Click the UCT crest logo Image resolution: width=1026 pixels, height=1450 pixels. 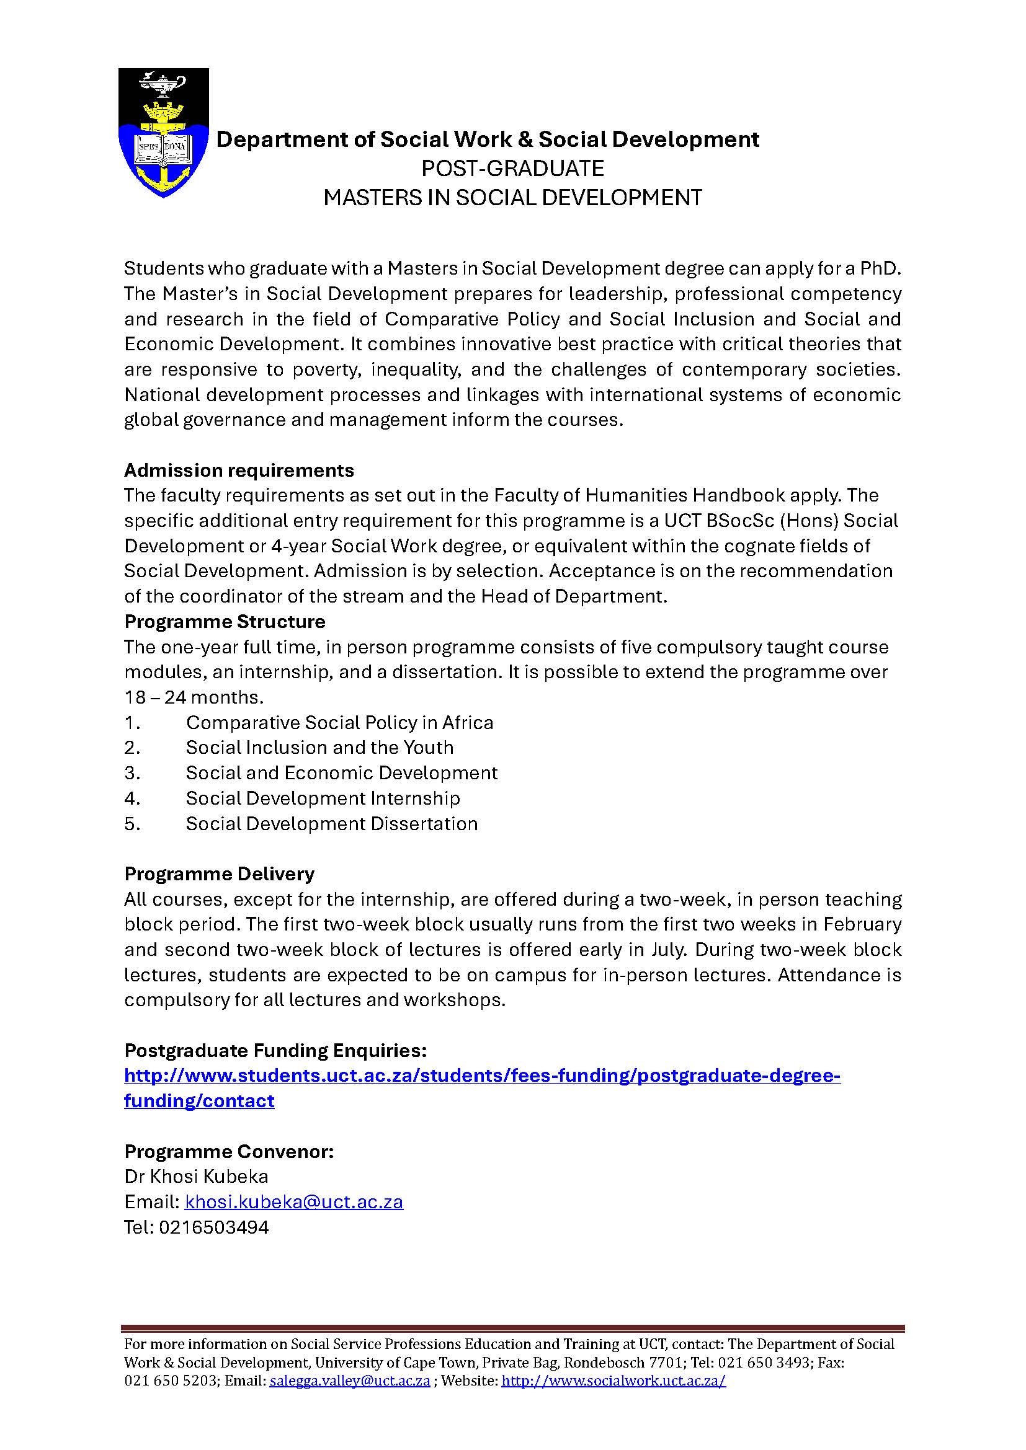[164, 133]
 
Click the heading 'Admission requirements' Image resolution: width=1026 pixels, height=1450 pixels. [239, 471]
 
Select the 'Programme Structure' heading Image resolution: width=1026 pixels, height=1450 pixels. [225, 622]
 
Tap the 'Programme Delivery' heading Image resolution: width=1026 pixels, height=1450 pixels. [219, 874]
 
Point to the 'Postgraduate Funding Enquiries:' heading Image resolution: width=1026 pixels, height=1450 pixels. [275, 1051]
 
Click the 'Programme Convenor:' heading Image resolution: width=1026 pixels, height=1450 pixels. [229, 1152]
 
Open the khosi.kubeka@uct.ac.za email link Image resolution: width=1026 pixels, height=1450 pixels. [294, 1202]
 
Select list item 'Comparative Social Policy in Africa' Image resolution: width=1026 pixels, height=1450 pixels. [339, 722]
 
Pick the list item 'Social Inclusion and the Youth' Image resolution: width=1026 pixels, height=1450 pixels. [319, 748]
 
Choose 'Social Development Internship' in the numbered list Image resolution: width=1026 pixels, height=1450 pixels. [323, 798]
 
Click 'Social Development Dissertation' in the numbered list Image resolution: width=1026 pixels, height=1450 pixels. [332, 823]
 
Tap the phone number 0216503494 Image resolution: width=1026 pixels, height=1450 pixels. [213, 1227]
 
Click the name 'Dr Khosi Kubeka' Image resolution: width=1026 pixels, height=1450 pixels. [196, 1177]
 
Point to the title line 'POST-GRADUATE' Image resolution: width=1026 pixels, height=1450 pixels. [512, 169]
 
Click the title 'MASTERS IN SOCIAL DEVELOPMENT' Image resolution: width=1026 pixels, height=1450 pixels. [512, 198]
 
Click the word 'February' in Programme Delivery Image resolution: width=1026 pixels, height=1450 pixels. [865, 924]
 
